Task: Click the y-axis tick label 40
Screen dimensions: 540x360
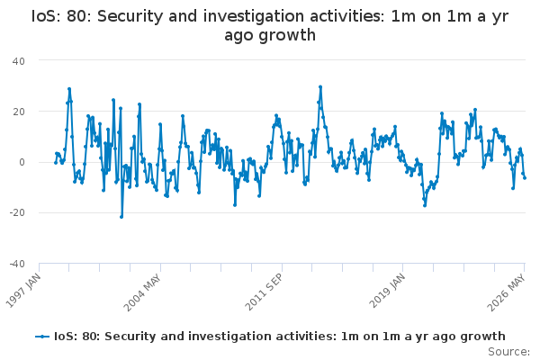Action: click(19, 61)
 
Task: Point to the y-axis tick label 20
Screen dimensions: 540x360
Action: click(19, 112)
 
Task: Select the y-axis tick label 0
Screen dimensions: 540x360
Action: click(22, 162)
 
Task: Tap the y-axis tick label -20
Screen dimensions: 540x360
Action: click(17, 213)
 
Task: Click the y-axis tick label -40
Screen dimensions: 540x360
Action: click(17, 264)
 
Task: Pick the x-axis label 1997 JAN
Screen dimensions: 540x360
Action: click(22, 291)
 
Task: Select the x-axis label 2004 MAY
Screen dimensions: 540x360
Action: click(142, 292)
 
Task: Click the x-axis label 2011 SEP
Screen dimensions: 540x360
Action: click(264, 292)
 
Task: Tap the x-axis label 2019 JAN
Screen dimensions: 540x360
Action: click(387, 291)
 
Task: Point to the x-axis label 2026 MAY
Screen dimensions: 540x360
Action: click(506, 292)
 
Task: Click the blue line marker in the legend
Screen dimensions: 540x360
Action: click(42, 337)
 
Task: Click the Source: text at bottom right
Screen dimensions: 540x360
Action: click(508, 352)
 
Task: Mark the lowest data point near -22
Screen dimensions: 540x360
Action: click(121, 217)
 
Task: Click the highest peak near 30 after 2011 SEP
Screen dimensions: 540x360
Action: click(320, 87)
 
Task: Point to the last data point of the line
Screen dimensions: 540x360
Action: click(525, 178)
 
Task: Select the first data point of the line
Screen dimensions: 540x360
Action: click(56, 163)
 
